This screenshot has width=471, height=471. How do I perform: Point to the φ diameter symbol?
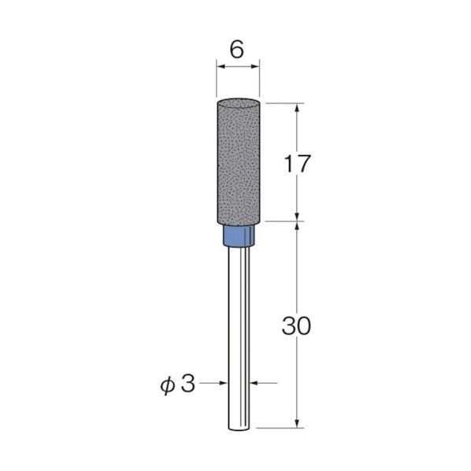pyautogui.click(x=168, y=385)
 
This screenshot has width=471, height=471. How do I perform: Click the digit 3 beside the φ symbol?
pyautogui.click(x=189, y=385)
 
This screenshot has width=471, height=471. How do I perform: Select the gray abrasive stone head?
pyautogui.click(x=239, y=161)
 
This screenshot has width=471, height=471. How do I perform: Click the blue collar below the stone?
pyautogui.click(x=239, y=235)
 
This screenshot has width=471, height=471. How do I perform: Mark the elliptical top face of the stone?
pyautogui.click(x=239, y=102)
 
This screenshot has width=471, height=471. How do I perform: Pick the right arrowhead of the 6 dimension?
pyautogui.click(x=258, y=69)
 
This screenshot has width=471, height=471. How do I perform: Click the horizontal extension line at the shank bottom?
pyautogui.click(x=280, y=428)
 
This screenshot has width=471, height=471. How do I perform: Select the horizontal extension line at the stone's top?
pyautogui.click(x=284, y=102)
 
